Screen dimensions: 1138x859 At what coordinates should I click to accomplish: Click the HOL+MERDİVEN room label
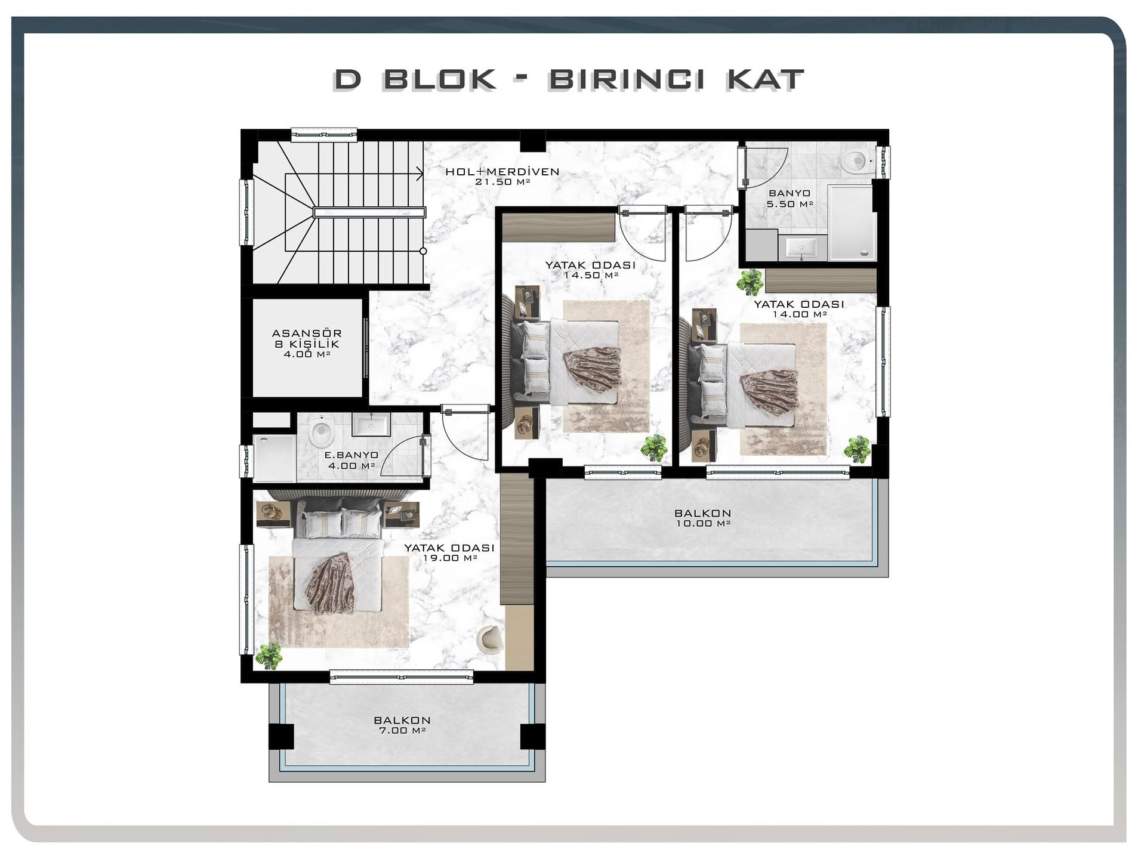click(x=502, y=177)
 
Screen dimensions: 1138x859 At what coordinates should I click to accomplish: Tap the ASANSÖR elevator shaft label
click(x=307, y=333)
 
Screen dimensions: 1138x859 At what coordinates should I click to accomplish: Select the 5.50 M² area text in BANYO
click(x=789, y=204)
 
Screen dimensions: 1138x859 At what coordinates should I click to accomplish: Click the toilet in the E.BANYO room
click(x=321, y=431)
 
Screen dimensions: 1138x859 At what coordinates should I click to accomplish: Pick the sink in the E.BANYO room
click(x=371, y=425)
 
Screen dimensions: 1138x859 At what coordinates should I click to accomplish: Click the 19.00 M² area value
click(x=450, y=558)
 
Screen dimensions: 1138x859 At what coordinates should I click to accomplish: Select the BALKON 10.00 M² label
click(x=703, y=518)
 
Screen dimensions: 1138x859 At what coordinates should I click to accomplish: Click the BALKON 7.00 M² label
click(x=402, y=725)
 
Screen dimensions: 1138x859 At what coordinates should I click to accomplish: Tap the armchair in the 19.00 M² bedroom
click(x=490, y=638)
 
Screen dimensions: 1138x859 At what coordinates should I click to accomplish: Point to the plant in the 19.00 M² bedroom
click(x=269, y=656)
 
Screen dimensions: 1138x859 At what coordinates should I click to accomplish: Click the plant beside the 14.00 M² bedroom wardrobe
click(x=750, y=282)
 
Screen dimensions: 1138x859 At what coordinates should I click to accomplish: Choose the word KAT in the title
click(x=766, y=80)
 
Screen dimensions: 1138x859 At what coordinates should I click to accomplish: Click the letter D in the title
click(x=348, y=79)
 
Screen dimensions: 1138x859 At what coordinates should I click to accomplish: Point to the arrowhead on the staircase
click(x=420, y=174)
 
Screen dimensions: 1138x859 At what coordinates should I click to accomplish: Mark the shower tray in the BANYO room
click(x=852, y=223)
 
